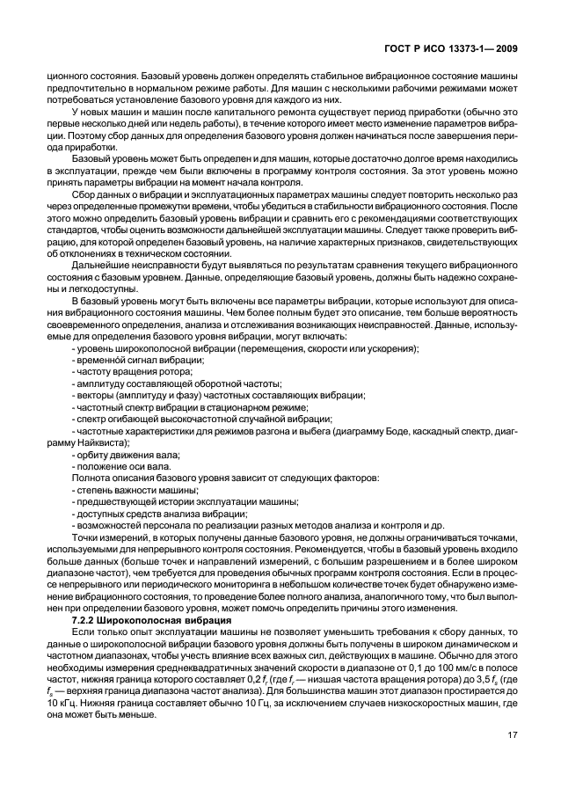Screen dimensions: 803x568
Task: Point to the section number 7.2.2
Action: pos(86,621)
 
